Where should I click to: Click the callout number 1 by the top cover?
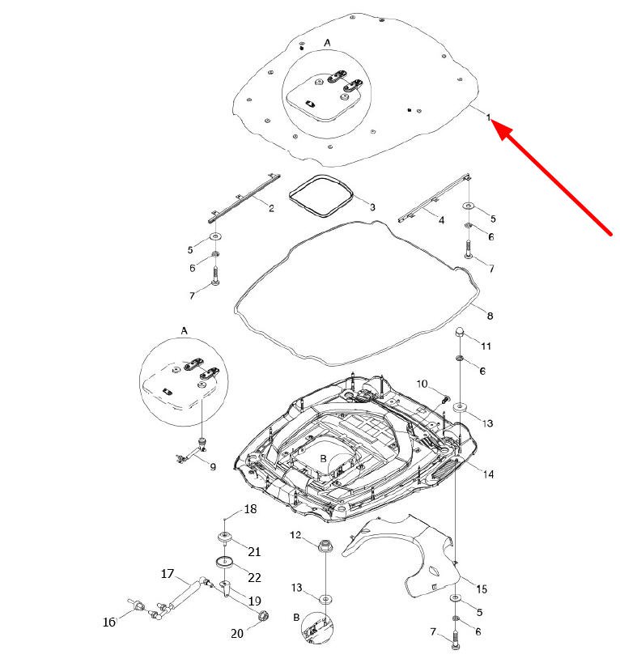pos(489,118)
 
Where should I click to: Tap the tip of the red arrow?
pos(495,124)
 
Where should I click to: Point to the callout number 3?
pos(372,208)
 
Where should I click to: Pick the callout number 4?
pos(441,219)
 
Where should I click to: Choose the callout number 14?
pos(487,473)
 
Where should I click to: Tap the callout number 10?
pos(422,383)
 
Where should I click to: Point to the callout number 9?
pos(213,466)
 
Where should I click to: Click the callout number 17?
pos(168,574)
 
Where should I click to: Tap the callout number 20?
pos(237,633)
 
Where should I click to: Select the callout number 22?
pos(254,577)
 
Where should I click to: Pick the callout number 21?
pos(254,552)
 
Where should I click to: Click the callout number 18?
pos(250,509)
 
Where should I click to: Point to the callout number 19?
pos(254,601)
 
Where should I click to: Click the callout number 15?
pos(482,588)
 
